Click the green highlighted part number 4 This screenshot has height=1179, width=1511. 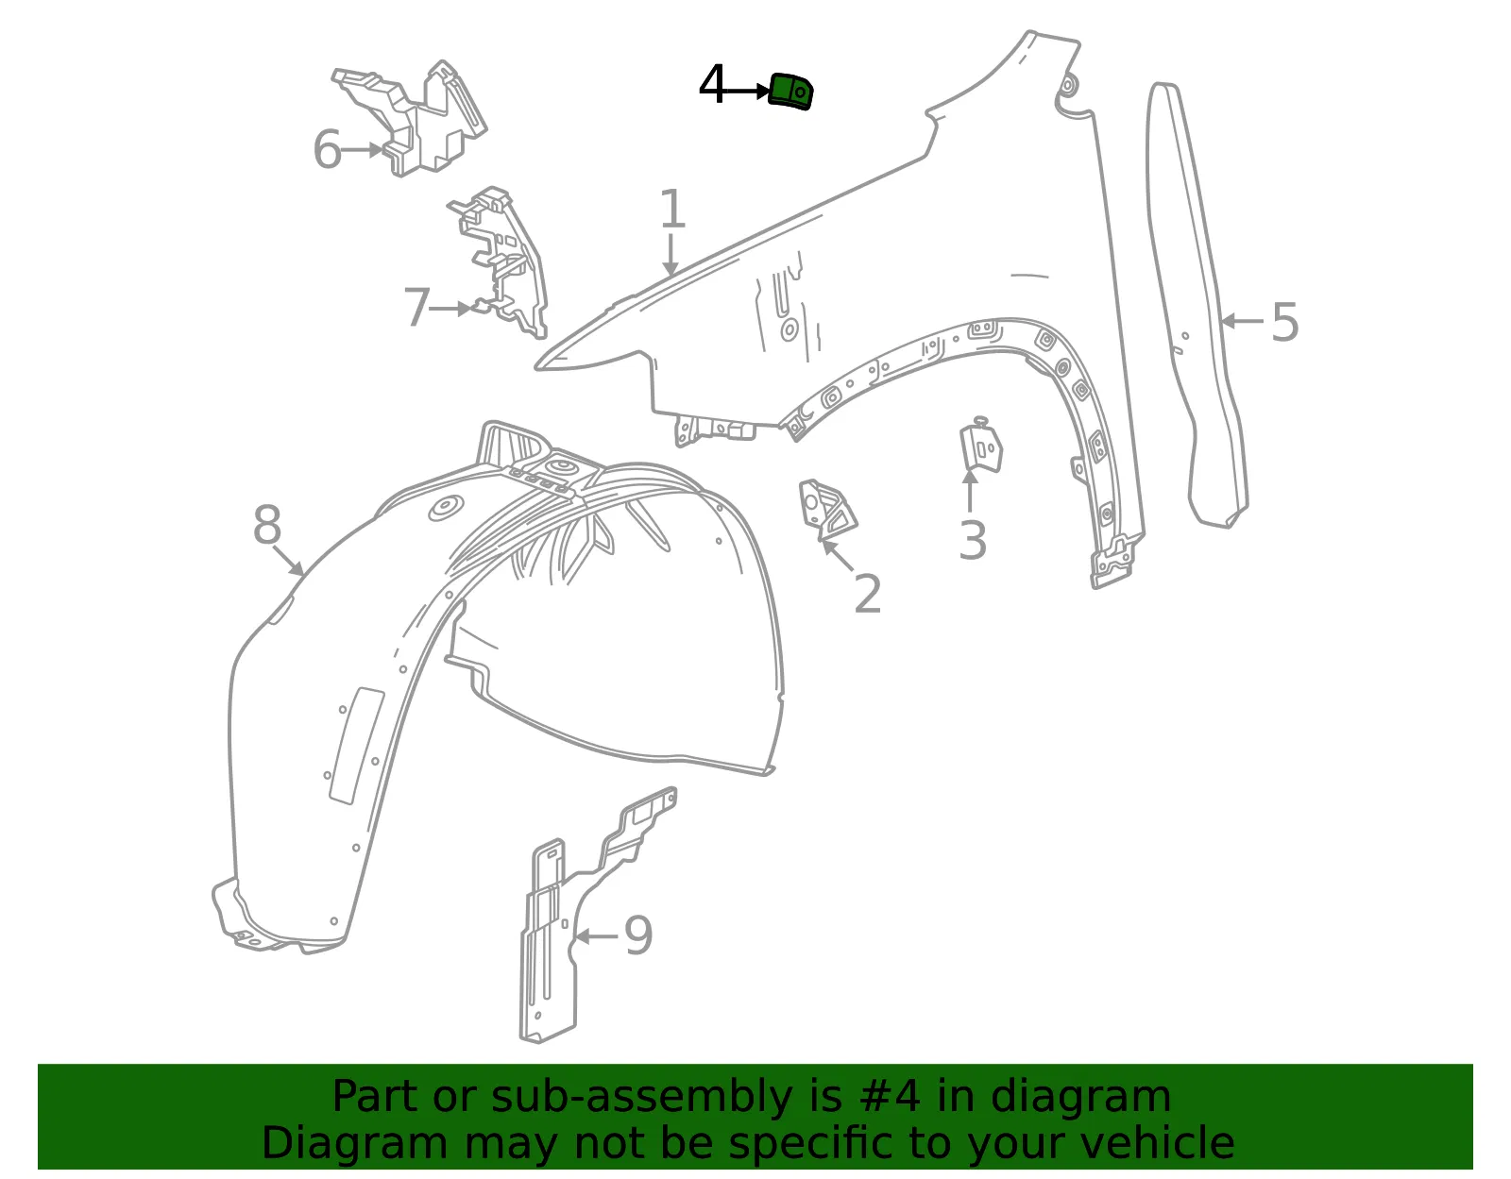point(789,91)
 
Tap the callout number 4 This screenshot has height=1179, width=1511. point(712,85)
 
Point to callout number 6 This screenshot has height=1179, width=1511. point(328,149)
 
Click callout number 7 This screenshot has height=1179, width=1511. point(417,307)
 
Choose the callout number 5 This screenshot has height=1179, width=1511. point(1284,322)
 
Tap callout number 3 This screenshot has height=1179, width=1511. point(972,540)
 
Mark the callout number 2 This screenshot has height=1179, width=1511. point(867,594)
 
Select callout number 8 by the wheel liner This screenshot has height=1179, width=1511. point(267,524)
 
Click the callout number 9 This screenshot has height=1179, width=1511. point(638,935)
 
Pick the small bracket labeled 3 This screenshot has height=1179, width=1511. point(980,446)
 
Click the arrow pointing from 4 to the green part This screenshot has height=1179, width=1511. point(742,91)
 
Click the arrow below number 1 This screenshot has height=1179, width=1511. point(671,255)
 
